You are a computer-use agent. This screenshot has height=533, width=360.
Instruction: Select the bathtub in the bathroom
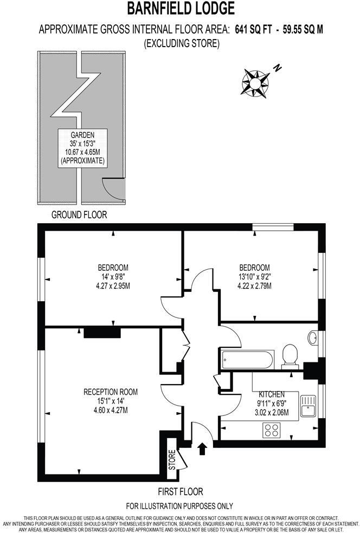pyautogui.click(x=248, y=359)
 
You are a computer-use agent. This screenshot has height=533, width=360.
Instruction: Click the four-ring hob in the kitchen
pyautogui.click(x=271, y=430)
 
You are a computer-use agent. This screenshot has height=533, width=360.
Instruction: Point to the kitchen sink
pyautogui.click(x=308, y=405)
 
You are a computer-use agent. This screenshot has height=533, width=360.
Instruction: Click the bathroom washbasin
pyautogui.click(x=313, y=338)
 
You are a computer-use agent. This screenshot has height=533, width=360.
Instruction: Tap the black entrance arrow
pyautogui.click(x=203, y=448)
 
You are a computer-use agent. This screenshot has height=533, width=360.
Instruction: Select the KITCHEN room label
pyautogui.click(x=272, y=394)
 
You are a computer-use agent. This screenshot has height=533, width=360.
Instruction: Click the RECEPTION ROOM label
pyautogui.click(x=111, y=392)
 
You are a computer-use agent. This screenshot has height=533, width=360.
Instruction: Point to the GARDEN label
pyautogui.click(x=83, y=135)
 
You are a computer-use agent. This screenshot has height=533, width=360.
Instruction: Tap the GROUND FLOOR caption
pyautogui.click(x=79, y=214)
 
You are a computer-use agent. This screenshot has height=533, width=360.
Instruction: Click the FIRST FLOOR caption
pyautogui.click(x=181, y=492)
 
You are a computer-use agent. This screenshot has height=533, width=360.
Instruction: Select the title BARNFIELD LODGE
pyautogui.click(x=181, y=9)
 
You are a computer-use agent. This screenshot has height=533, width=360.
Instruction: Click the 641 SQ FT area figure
pyautogui.click(x=253, y=30)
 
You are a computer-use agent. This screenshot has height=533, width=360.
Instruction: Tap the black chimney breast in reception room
pyautogui.click(x=102, y=331)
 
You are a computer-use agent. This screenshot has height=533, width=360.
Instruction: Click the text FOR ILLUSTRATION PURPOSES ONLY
pyautogui.click(x=180, y=506)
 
